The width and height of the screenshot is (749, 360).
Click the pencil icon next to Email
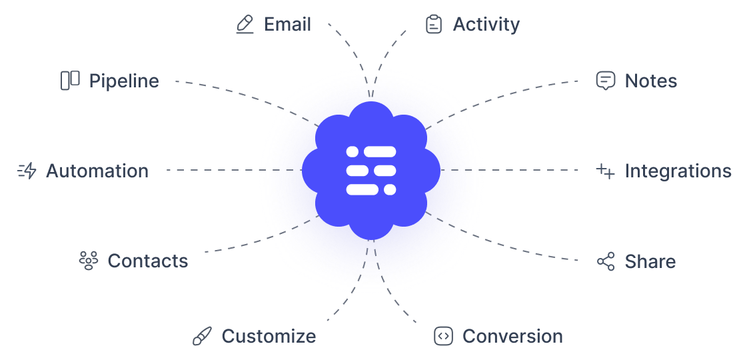point(245,25)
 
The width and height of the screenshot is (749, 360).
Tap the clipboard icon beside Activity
point(434,25)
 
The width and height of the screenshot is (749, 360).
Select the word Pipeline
point(124,81)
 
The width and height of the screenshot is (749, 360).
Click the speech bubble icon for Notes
point(605,81)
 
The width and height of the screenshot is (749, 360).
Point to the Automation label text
point(97,171)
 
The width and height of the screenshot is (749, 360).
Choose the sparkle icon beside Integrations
point(605,171)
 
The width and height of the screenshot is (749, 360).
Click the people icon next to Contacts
point(88,261)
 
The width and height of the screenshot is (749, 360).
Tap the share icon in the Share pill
point(605,261)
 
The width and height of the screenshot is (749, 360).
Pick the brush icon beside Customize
point(201,336)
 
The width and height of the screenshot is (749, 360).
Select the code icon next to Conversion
point(443,336)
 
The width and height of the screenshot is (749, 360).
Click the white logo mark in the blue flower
point(371,170)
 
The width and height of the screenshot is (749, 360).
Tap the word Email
point(287,25)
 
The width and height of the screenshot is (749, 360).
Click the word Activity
point(486,25)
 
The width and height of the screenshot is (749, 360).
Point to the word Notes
point(650,81)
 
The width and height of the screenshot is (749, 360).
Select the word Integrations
point(678,171)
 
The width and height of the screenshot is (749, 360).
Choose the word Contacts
point(148,261)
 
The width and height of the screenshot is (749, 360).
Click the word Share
point(650,261)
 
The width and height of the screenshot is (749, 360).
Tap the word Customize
point(269,336)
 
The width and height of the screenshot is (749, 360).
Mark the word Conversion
point(512,336)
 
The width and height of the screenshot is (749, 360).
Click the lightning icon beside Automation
point(27,171)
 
